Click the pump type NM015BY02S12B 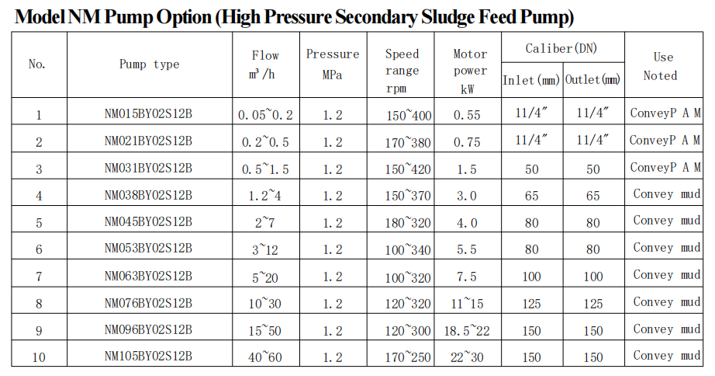(x=148, y=113)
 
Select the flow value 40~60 (x=265, y=357)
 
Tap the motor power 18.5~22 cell (x=467, y=331)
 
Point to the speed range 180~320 (x=408, y=223)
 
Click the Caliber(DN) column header (x=561, y=48)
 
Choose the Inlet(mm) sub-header (x=531, y=81)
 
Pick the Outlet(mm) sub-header (x=592, y=80)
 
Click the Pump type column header (x=149, y=64)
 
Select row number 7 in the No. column (x=39, y=277)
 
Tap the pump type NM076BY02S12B (x=148, y=303)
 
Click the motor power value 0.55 (x=467, y=115)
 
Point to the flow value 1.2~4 (x=265, y=196)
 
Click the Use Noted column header (x=661, y=67)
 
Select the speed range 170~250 (x=408, y=357)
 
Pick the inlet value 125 (x=531, y=304)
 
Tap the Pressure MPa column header (x=333, y=64)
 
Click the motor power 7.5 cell (x=467, y=277)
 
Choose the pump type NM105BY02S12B (x=148, y=356)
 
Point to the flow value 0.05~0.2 (x=265, y=115)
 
